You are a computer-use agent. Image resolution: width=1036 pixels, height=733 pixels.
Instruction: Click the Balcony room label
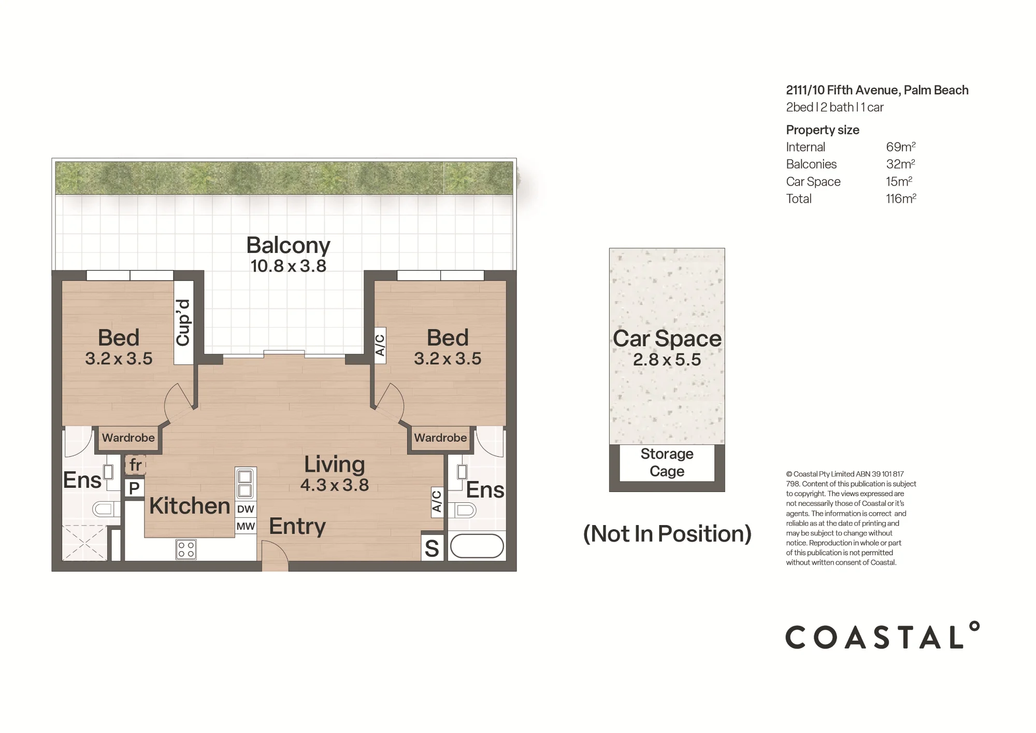(x=288, y=246)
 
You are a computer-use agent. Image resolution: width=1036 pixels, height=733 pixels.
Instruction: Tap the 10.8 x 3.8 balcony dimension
(x=288, y=266)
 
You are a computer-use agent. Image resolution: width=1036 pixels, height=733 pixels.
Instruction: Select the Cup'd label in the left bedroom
(x=183, y=322)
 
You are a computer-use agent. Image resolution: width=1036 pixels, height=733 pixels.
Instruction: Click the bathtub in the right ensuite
(x=477, y=546)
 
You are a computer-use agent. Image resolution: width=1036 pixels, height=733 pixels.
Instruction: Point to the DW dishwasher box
(x=246, y=509)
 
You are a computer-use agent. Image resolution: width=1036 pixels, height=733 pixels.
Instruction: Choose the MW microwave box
(x=246, y=526)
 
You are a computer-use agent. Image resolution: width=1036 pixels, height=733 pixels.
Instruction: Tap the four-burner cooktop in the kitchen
(x=186, y=549)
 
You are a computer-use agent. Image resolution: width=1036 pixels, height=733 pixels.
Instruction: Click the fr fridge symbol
(x=135, y=465)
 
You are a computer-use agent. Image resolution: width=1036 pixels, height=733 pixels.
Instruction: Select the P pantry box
(x=134, y=488)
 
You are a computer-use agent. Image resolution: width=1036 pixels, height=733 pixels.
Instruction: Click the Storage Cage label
(x=667, y=462)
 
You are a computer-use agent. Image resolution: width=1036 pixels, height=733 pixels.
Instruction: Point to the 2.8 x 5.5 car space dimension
(x=667, y=359)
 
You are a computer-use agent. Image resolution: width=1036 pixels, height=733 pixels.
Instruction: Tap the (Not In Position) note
(x=667, y=533)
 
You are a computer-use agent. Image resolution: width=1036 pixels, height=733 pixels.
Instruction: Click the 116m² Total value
(x=901, y=199)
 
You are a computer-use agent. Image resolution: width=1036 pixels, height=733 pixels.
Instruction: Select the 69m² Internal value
(x=901, y=147)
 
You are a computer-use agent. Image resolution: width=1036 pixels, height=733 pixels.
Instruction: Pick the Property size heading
(x=823, y=130)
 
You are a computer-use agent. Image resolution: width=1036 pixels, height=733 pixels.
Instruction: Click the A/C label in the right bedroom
(x=380, y=345)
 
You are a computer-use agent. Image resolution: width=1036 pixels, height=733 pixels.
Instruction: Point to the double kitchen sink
(x=245, y=483)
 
